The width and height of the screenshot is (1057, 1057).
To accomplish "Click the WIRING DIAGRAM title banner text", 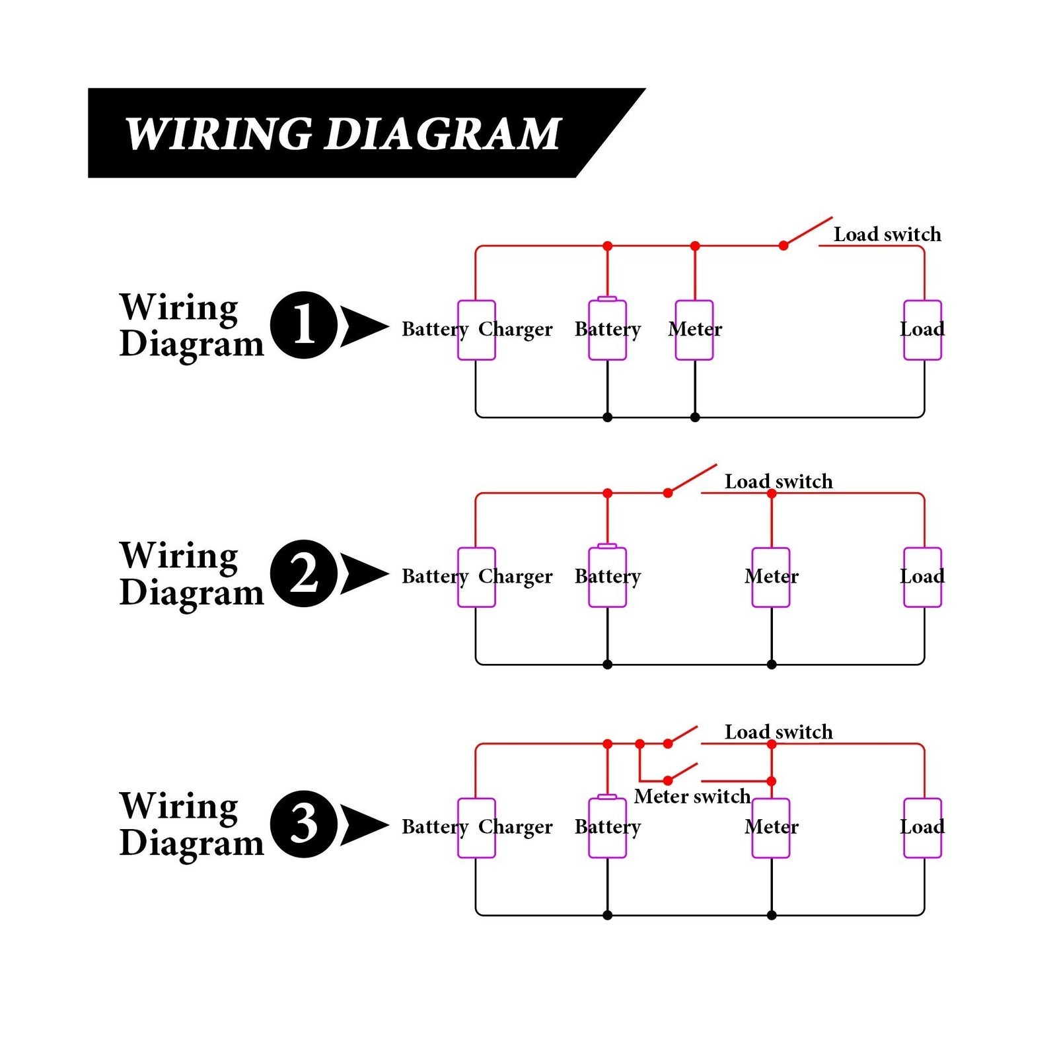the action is pos(343,134).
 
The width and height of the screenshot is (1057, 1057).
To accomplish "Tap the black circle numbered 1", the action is pos(304,325).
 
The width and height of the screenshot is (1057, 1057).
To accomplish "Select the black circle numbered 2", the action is pos(304,573).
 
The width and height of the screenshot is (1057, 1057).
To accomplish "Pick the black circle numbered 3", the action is pos(304,824).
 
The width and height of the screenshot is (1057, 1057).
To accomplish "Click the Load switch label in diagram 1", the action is pos(887,235).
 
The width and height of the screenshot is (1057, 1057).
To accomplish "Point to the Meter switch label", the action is pos(692,796).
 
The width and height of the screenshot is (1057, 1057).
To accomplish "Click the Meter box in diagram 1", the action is pos(694,330).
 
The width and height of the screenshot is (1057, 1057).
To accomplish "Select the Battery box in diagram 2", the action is pos(608,577).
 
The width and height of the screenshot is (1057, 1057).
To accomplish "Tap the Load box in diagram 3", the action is pos(923,828).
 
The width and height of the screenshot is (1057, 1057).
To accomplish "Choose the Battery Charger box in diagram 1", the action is pos(476,330).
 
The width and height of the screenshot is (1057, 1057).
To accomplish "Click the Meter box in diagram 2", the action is pos(771,577).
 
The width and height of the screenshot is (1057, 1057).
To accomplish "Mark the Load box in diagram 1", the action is pos(923,330).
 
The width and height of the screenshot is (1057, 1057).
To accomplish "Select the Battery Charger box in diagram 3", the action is pos(476,828).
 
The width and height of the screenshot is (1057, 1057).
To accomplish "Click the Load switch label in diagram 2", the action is pos(779,482).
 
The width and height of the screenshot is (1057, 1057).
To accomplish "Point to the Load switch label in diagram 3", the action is pos(779,732).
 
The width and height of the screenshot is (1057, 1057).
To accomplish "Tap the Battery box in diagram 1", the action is pos(608,329).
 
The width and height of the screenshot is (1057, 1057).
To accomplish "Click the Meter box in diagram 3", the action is pos(771,828).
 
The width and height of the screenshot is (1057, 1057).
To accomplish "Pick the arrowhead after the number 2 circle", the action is pos(363,573).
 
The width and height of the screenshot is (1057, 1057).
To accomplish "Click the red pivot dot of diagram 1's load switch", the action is pos(784,246).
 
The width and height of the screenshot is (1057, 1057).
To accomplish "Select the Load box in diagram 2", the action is pos(923,577).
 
